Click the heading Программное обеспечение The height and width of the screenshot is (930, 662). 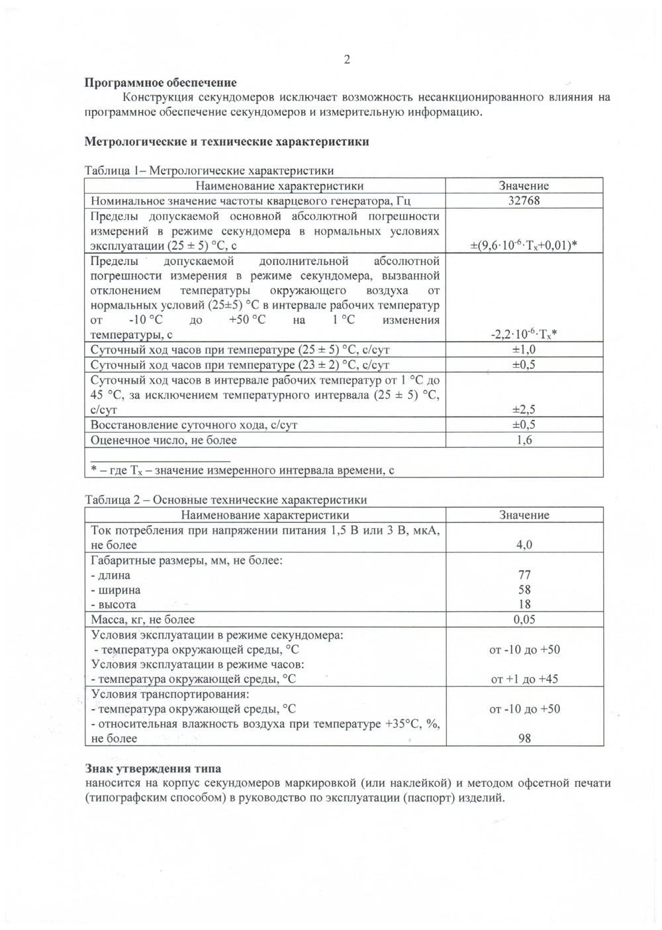point(161,83)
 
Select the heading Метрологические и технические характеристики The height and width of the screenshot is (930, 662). point(227,142)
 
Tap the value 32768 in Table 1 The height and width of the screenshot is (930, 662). point(524,201)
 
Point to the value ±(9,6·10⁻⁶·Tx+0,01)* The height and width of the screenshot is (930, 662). point(524,246)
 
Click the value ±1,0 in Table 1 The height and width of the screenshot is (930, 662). point(524,350)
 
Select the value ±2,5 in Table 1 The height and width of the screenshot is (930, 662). point(524,409)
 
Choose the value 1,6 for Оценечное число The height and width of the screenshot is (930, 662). point(524,440)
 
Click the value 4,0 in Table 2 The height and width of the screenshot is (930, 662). point(524,544)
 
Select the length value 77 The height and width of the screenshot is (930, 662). point(524,575)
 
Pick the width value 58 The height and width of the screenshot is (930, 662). point(524,590)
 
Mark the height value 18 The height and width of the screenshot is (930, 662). point(524,604)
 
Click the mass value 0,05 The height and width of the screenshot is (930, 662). point(524,619)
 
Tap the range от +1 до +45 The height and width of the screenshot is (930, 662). point(524,679)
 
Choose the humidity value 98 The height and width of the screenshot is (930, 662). point(524,739)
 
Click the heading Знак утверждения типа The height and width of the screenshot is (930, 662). point(154,769)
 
